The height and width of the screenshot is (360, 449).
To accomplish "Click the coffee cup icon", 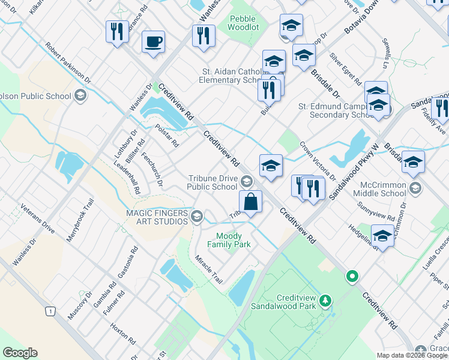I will coord(153,42).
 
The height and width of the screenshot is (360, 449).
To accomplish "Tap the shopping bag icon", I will coord(251,201).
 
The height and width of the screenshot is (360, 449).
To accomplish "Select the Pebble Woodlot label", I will coord(243,23).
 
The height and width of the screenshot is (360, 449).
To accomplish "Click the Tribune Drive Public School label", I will coord(212,182).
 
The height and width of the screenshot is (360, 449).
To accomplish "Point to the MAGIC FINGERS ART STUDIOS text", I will coord(157,217).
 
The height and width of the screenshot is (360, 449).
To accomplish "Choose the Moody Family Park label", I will coord(229,240).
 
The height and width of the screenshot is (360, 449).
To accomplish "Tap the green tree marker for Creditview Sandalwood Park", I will coord(325,299).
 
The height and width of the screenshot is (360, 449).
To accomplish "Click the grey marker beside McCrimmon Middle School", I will coord(414,189).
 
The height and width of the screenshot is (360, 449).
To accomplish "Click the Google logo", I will coord(20,353).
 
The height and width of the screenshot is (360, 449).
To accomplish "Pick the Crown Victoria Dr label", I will coord(318,161).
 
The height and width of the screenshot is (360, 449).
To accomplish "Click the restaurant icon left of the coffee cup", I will coord(116,31).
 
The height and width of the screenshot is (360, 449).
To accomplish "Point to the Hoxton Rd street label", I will coord(125,337).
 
